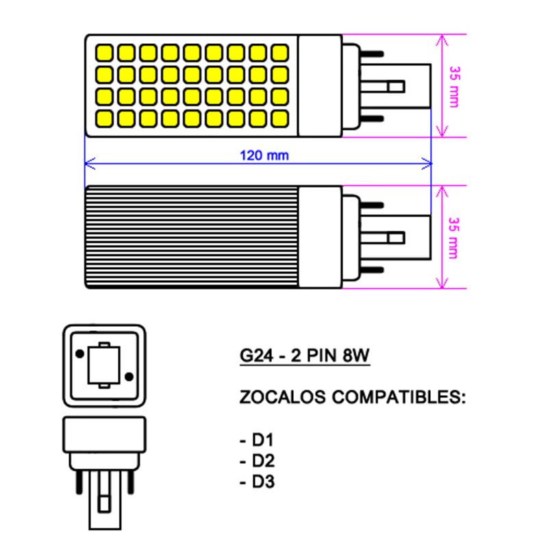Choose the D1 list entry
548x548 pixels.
tap(258, 440)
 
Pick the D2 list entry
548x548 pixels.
tap(258, 461)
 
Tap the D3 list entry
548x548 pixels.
tap(258, 482)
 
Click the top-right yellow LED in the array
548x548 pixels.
tap(279, 52)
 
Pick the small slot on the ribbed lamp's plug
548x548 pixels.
tap(394, 238)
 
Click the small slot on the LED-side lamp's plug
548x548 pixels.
tap(394, 86)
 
